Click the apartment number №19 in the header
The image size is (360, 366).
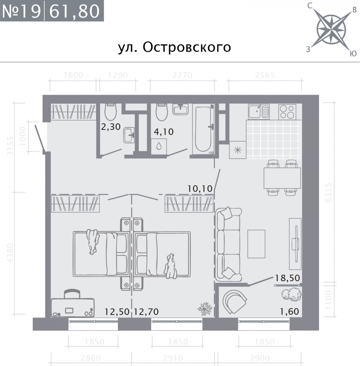click(22, 11)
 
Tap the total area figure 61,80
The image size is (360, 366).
click(74, 11)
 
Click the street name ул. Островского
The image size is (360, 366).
click(174, 47)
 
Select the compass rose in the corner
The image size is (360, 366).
click(332, 30)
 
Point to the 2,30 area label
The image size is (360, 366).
click(111, 127)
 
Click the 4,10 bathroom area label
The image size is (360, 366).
click(164, 132)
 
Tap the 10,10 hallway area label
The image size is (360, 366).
click(200, 189)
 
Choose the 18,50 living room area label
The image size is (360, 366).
click(287, 278)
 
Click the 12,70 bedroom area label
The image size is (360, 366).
click(146, 312)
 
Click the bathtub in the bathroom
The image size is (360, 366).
click(203, 129)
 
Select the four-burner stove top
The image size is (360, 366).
click(287, 112)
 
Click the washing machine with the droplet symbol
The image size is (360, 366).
click(159, 147)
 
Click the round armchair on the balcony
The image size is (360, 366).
click(235, 301)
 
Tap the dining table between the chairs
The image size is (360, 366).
click(282, 178)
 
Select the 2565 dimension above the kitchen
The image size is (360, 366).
click(265, 75)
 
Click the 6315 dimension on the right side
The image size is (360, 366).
click(328, 192)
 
